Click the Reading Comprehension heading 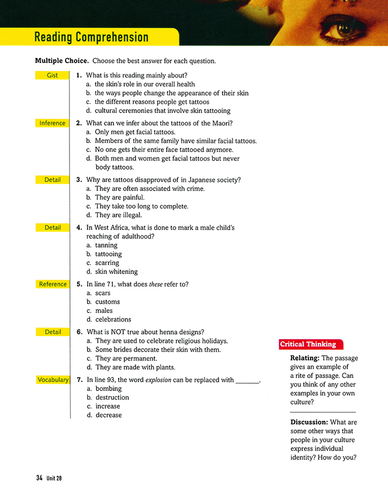[x=91, y=37]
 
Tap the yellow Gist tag [x=52, y=75]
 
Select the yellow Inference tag [x=52, y=123]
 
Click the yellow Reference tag [x=53, y=284]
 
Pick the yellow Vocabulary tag [x=53, y=380]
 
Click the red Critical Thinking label [x=308, y=344]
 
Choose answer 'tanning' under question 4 [x=106, y=245]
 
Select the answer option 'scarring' [x=107, y=263]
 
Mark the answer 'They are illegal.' [x=118, y=215]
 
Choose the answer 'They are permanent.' [x=126, y=359]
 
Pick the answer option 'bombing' [x=108, y=389]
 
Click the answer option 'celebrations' [x=113, y=319]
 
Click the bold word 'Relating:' [x=308, y=358]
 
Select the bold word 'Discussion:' [x=312, y=422]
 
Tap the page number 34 [x=39, y=478]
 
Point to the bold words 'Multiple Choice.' [x=62, y=61]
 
